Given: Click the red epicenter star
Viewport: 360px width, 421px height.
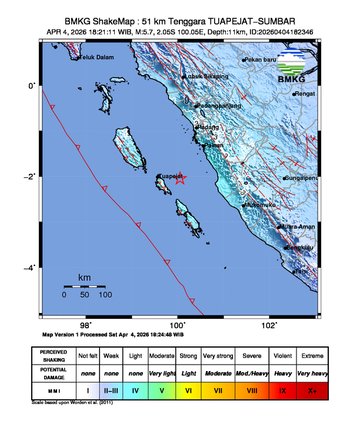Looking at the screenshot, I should pyautogui.click(x=181, y=180).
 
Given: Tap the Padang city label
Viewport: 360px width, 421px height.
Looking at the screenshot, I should pyautogui.click(x=207, y=127).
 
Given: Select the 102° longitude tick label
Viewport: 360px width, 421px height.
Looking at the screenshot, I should pyautogui.click(x=270, y=325).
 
